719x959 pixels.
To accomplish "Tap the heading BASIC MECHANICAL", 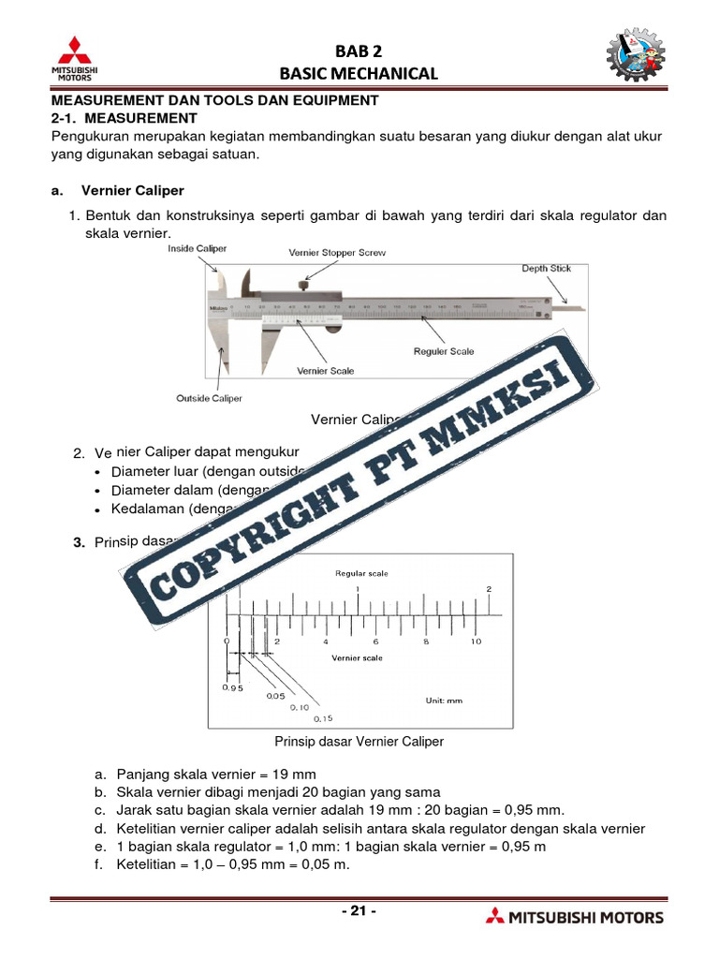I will (359, 73).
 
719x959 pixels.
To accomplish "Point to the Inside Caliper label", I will (197, 248).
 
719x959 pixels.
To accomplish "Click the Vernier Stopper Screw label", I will (336, 253).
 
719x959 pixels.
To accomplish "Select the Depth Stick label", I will (546, 269).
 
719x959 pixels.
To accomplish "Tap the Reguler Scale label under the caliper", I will (444, 351).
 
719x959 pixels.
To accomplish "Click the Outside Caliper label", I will (209, 398).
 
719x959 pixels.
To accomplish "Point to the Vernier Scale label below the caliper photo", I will (326, 371).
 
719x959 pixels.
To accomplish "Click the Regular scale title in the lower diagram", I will (361, 573).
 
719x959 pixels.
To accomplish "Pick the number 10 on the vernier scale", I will (476, 642).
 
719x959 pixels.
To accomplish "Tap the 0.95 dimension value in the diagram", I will (232, 688).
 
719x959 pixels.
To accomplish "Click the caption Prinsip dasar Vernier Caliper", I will (359, 741).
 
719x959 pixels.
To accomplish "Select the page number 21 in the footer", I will (359, 910).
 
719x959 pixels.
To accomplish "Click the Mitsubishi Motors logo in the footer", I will (575, 917).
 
